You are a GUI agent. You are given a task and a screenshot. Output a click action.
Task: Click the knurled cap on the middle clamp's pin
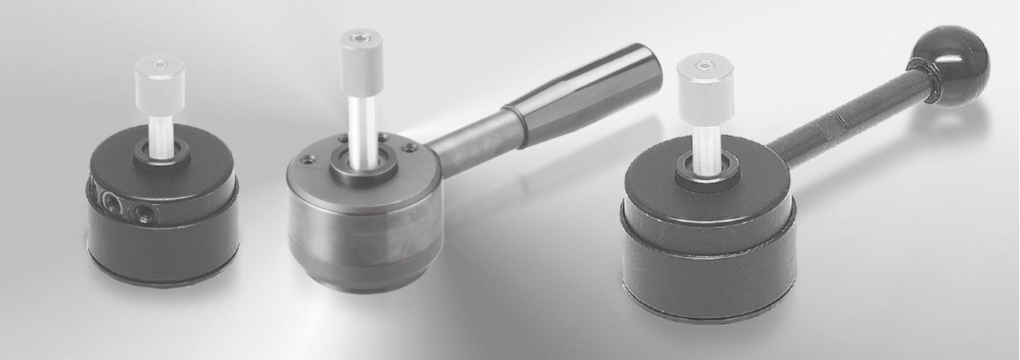click(x=361, y=51)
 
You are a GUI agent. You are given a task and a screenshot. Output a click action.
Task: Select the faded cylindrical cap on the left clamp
click(x=161, y=75)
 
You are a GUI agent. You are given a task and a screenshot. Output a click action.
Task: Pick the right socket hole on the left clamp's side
click(x=144, y=213)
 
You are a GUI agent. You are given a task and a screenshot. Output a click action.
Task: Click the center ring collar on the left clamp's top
click(x=161, y=157)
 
